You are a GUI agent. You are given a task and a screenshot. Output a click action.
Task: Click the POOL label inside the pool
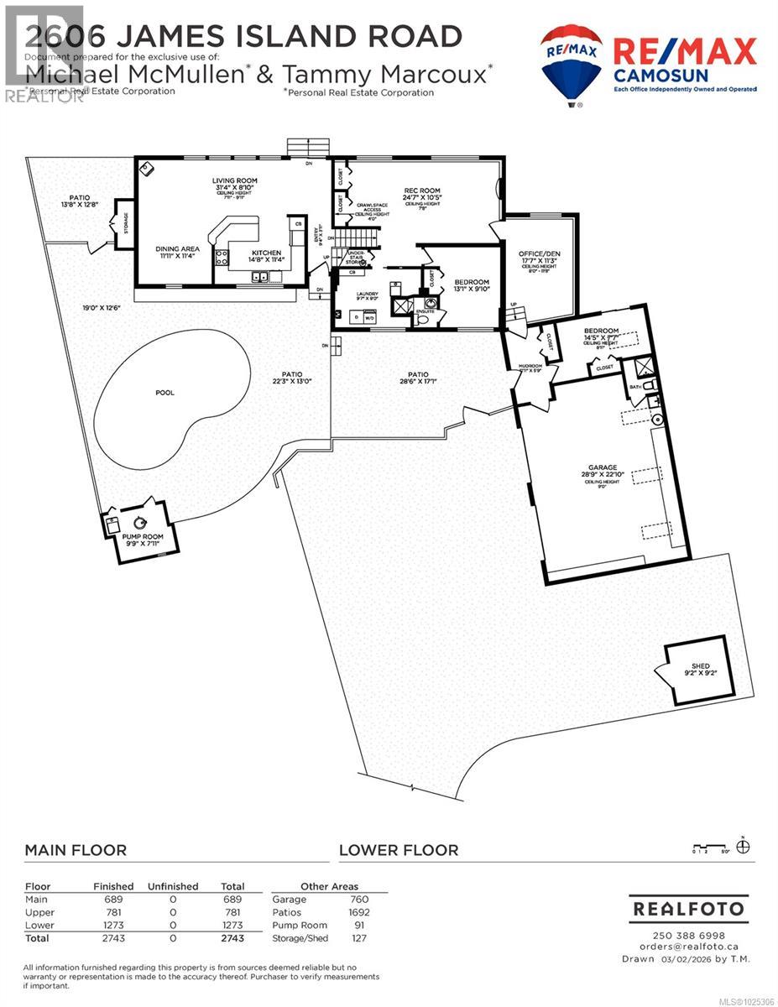click(x=164, y=392)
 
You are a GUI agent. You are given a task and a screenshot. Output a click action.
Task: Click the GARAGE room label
click(x=603, y=467)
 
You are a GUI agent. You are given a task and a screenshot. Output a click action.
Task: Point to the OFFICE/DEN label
click(x=538, y=253)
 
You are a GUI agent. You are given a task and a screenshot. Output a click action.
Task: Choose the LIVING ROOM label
click(x=234, y=180)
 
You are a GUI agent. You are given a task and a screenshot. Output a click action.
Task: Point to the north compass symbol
click(x=743, y=847)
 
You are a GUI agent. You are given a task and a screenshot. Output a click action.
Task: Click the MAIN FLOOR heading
click(x=76, y=850)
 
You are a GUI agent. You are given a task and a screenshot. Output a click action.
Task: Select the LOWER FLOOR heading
click(x=399, y=850)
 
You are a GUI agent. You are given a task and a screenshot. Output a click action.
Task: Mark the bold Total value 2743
click(x=232, y=938)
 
